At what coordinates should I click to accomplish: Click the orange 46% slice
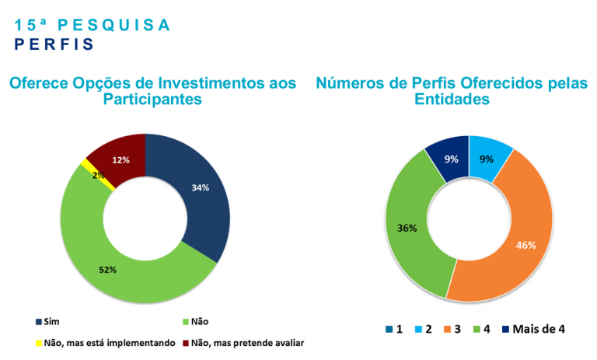click(513, 233)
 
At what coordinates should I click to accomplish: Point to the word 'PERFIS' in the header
click(53, 44)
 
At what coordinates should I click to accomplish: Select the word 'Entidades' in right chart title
click(452, 99)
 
